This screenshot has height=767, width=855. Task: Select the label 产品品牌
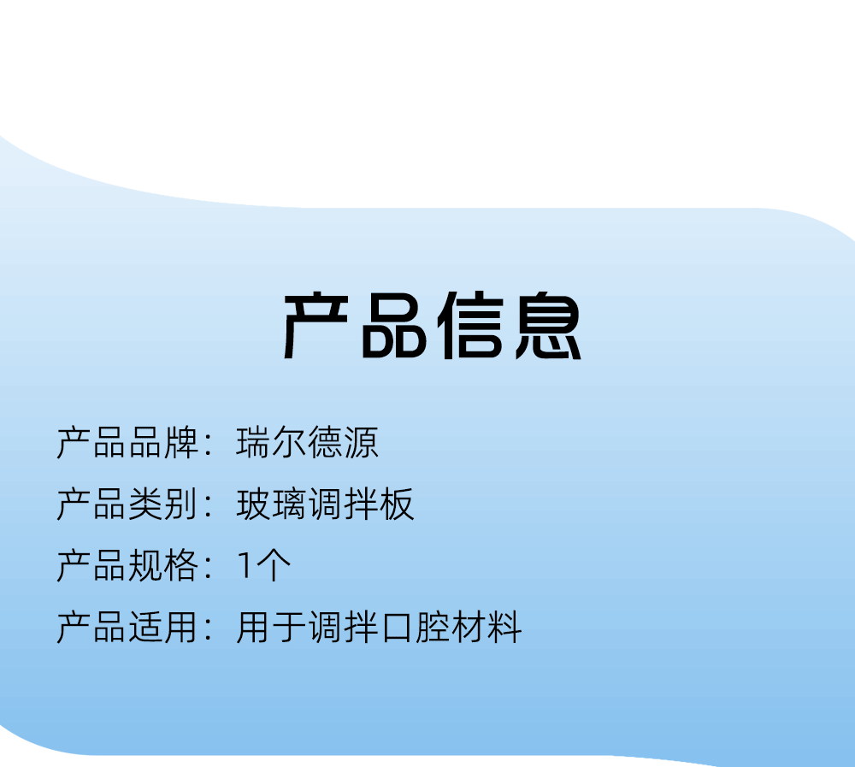(x=127, y=442)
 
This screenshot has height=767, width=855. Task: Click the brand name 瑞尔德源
(x=307, y=442)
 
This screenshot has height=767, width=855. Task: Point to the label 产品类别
(x=127, y=504)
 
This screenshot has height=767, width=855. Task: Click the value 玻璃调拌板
(x=325, y=504)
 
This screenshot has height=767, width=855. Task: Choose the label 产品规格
(x=127, y=566)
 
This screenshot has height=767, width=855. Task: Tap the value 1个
(x=264, y=566)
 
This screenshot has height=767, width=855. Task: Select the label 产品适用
(x=127, y=628)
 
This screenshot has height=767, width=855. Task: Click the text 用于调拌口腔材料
(x=379, y=628)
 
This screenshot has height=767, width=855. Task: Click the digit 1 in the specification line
(x=245, y=566)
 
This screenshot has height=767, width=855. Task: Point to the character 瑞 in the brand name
(x=254, y=442)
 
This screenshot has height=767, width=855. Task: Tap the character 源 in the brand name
(x=361, y=442)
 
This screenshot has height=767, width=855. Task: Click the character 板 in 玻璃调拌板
(x=397, y=504)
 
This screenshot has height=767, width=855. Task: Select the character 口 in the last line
(x=397, y=628)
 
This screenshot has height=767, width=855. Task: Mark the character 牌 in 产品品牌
(x=181, y=442)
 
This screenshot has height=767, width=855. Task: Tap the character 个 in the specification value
(x=274, y=566)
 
